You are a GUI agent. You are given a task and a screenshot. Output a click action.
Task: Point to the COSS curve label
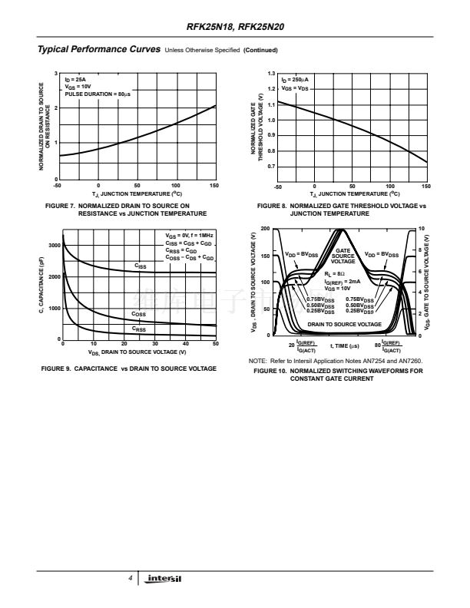click(139, 314)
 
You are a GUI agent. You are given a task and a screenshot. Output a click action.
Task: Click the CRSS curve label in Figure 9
click(139, 329)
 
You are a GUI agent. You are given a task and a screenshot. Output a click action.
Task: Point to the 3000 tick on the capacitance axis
click(54, 246)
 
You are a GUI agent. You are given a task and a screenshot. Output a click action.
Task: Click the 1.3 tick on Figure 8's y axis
click(271, 74)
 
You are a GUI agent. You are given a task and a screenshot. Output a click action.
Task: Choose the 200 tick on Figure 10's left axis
click(265, 230)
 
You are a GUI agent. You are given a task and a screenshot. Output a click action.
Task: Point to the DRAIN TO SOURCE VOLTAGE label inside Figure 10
click(344, 325)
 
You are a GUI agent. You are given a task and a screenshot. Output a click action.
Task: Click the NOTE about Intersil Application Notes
click(335, 361)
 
